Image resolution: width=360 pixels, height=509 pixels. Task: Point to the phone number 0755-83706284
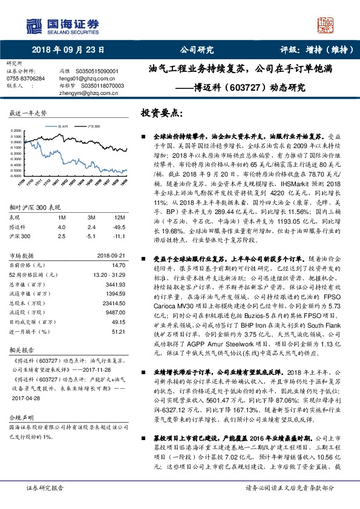pyautogui.click(x=25, y=79)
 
